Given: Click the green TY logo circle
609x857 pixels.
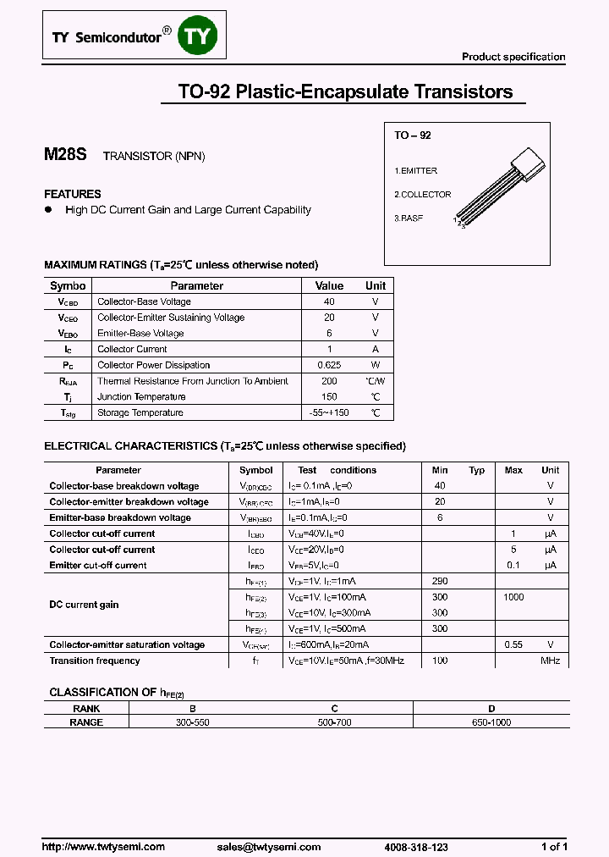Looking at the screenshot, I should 201,37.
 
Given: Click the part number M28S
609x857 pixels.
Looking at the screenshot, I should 64,156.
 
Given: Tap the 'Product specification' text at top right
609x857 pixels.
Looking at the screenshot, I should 513,57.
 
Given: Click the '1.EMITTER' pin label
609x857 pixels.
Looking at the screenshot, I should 416,171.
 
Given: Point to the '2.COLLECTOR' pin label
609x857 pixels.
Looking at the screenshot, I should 423,195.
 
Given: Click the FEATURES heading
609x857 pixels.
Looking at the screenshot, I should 73,194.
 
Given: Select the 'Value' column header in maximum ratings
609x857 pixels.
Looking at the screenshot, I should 329,286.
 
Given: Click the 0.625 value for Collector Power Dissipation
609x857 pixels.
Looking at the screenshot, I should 329,365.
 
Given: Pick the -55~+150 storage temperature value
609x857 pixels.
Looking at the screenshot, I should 329,413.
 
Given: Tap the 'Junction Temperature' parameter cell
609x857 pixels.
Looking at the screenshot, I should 141,397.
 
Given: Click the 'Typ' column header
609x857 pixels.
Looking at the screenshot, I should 477,470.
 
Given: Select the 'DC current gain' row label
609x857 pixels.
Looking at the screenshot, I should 84,605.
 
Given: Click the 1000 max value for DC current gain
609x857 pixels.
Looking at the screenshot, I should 513,597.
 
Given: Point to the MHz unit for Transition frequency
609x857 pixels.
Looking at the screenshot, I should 551,661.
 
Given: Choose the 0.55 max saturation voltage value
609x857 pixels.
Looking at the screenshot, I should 513,644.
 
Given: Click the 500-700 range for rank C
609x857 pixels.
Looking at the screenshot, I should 334,722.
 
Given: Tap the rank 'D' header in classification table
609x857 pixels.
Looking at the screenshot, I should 491,709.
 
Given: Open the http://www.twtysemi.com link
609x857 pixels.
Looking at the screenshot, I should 103,847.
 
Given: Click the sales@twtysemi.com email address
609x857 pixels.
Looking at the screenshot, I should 268,847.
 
